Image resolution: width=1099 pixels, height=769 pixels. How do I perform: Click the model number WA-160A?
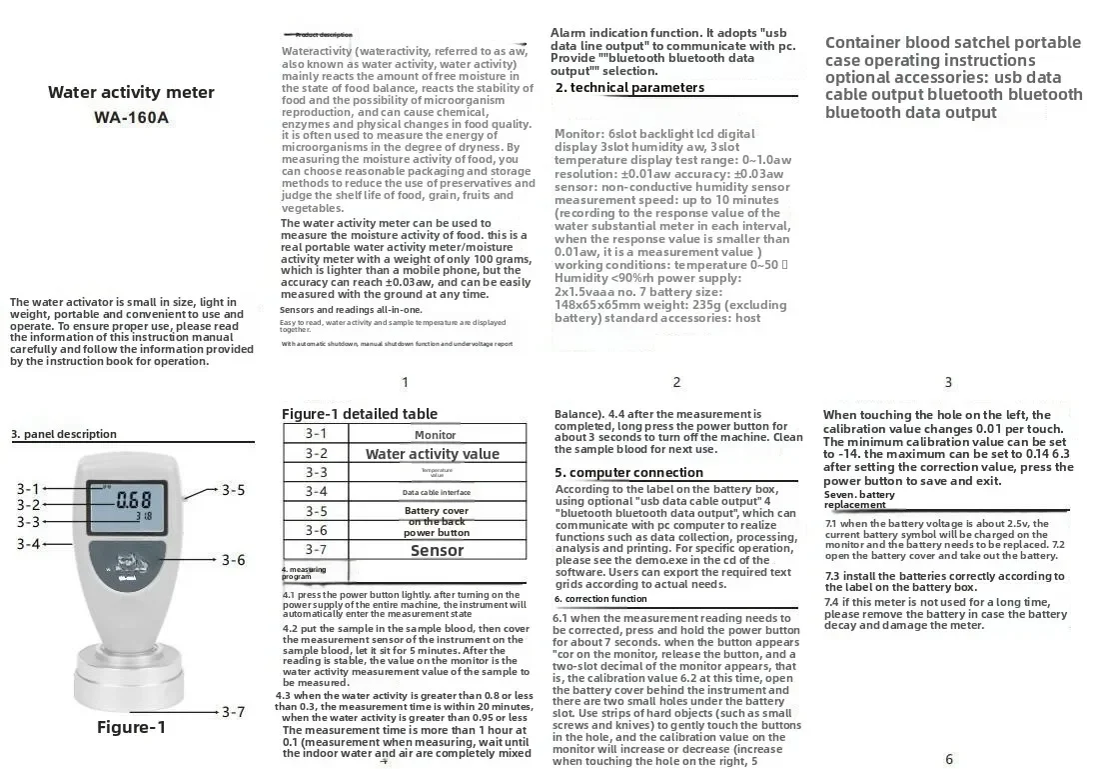131,117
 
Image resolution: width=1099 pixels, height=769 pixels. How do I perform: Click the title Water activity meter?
131,92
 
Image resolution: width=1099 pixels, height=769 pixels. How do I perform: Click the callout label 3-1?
28,488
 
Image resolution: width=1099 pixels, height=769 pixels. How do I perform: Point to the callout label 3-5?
233,490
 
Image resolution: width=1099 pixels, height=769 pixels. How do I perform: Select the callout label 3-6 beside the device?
233,560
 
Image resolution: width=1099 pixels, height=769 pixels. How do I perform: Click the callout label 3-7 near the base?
233,712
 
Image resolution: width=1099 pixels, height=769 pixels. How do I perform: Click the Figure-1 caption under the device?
131,727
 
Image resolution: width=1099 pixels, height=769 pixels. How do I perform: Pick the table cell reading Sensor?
437,550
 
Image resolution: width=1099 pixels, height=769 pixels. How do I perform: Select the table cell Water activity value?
433,453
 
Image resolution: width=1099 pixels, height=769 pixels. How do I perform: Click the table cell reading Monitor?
436,434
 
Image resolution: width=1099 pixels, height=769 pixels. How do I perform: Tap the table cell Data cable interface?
436,492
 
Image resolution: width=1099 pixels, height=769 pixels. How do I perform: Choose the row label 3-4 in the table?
316,491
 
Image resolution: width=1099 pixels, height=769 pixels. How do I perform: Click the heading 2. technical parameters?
629,88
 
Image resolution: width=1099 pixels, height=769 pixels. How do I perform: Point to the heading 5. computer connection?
629,473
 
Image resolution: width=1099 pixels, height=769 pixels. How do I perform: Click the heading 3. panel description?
64,434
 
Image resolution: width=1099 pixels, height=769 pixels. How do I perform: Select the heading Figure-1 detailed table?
359,414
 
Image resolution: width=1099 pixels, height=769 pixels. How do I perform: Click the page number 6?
948,760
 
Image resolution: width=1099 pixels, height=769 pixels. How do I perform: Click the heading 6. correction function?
600,599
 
